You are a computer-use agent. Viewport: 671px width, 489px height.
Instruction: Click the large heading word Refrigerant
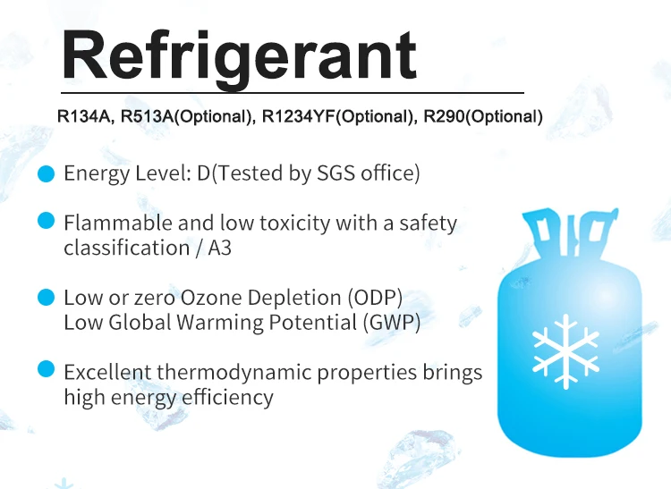(239, 57)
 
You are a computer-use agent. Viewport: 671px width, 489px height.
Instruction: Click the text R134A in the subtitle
(83, 116)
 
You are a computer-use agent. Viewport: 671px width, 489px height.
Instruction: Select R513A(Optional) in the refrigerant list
(186, 116)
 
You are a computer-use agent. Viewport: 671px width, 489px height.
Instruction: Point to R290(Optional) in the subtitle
(483, 116)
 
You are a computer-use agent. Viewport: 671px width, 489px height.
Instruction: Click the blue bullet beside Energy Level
(47, 173)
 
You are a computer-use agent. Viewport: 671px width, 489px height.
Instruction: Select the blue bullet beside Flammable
(47, 221)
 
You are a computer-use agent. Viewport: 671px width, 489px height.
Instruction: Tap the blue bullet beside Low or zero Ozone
(47, 297)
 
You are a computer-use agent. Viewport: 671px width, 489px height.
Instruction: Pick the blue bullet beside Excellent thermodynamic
(47, 369)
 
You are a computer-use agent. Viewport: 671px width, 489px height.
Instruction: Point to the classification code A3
(219, 248)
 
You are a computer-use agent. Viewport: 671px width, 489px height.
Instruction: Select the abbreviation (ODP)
(375, 298)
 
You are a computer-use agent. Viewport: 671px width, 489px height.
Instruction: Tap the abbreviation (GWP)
(392, 323)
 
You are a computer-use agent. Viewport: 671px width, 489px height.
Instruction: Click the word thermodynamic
(234, 372)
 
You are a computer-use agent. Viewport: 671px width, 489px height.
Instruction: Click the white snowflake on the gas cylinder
(565, 351)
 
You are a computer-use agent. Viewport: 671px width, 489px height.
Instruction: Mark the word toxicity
(295, 223)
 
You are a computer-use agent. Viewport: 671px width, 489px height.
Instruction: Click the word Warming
(219, 323)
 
